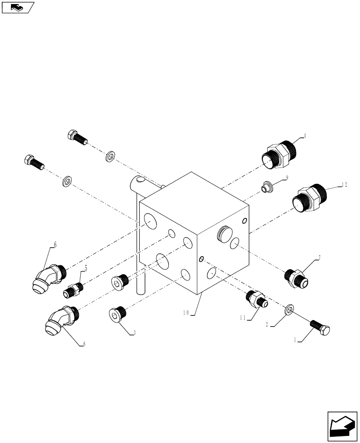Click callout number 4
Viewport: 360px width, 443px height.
click(x=305, y=136)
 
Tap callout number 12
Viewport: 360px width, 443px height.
click(x=344, y=185)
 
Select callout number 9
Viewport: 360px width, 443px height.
click(x=287, y=177)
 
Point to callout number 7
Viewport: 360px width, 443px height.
click(x=318, y=257)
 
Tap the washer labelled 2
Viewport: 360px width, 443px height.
click(x=290, y=308)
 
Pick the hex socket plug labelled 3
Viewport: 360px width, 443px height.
click(x=117, y=315)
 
